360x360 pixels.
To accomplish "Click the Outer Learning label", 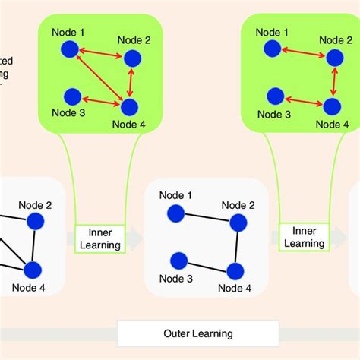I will (x=198, y=333).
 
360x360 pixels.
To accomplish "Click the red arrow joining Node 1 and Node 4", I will (x=97, y=78).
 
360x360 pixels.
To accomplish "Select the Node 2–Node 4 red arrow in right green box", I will (x=334, y=82).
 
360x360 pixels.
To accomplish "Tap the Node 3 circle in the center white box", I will (x=178, y=261).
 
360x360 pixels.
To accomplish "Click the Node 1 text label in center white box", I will (x=175, y=196).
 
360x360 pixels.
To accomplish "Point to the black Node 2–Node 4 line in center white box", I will (x=237, y=246).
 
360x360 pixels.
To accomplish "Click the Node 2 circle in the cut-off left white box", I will (x=35, y=220).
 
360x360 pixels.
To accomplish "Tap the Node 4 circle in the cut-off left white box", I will (x=33, y=270).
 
